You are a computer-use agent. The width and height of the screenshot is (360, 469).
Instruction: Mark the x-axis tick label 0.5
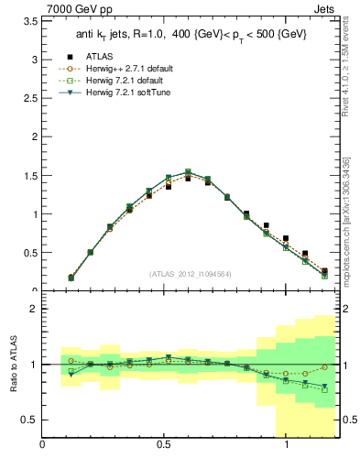(163, 446)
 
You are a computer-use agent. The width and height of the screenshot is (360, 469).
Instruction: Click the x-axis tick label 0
(42, 446)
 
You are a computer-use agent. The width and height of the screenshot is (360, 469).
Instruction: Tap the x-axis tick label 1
(287, 446)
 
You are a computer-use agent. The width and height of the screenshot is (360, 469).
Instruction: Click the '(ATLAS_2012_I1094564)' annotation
(189, 273)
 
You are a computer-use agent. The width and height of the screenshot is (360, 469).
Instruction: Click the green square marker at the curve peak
(188, 171)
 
